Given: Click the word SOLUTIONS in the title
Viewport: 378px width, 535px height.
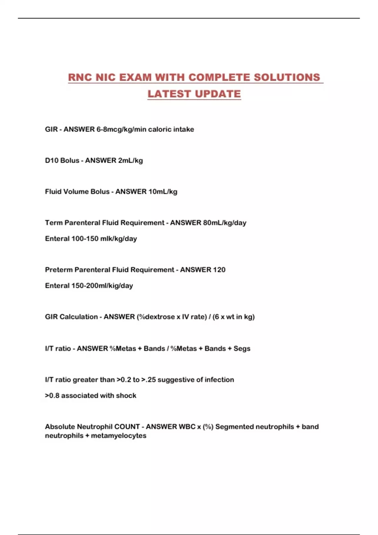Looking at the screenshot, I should [287, 77].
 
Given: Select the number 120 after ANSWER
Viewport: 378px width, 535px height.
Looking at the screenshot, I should [219, 270].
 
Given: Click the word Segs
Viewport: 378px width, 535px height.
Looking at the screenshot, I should [242, 349].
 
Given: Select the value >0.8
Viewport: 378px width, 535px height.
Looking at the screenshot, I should [52, 396].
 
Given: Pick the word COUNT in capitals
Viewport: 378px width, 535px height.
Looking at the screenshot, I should [127, 427].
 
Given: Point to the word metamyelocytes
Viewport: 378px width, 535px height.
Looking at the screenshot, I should [118, 436].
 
